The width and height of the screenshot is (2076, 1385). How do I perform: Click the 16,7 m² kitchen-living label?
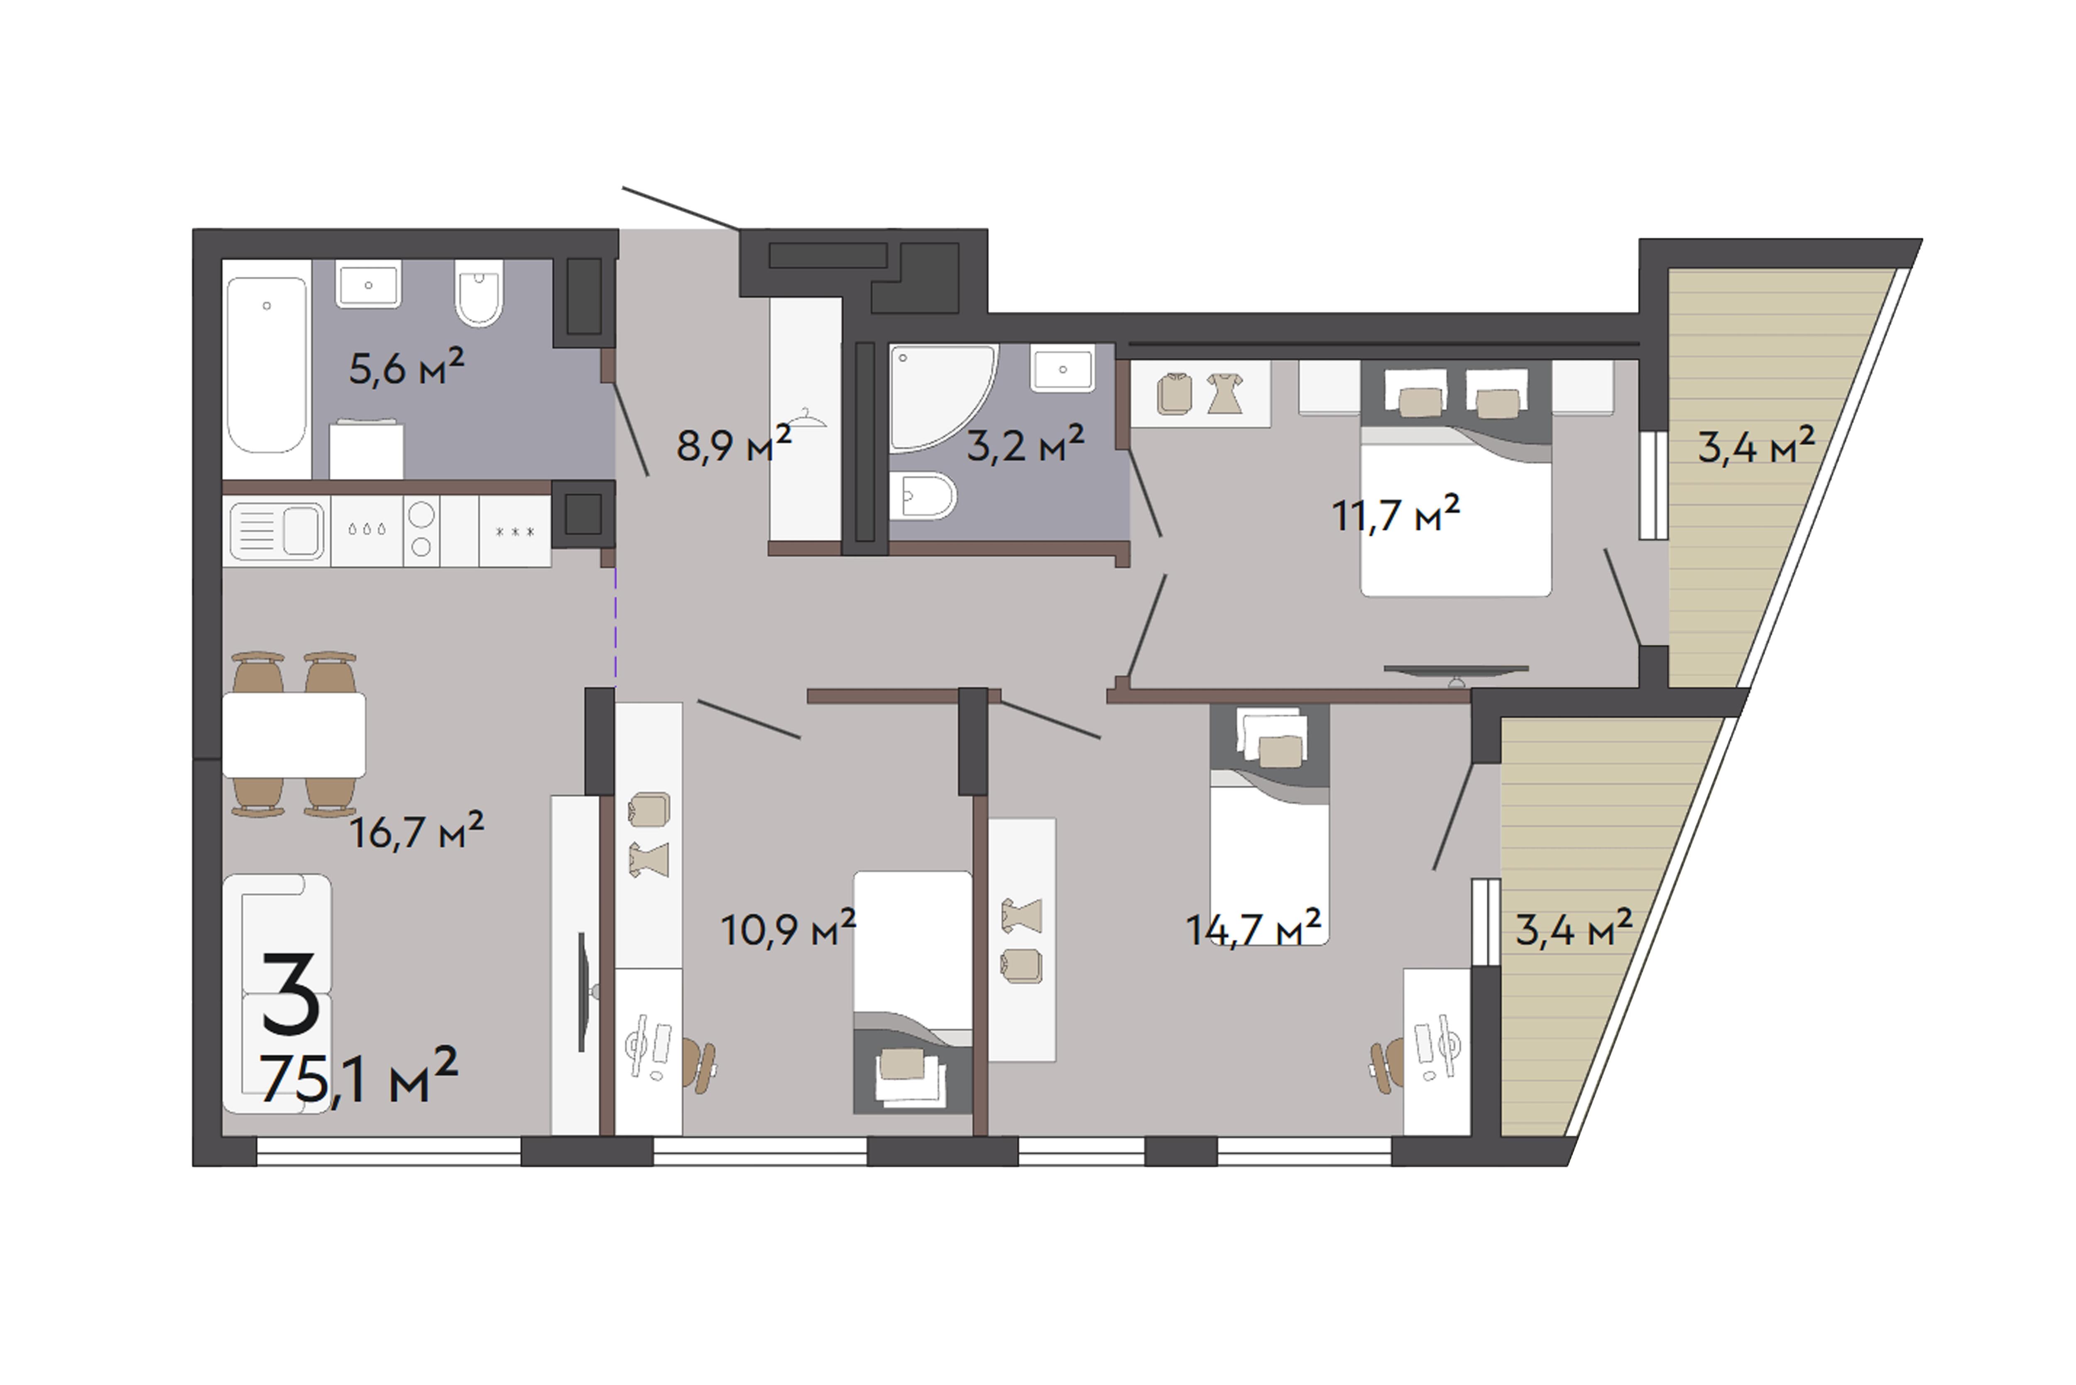pos(417,830)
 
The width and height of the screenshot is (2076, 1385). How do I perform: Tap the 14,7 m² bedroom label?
pos(1253,928)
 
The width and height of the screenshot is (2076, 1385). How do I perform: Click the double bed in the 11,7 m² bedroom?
pos(1455,477)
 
